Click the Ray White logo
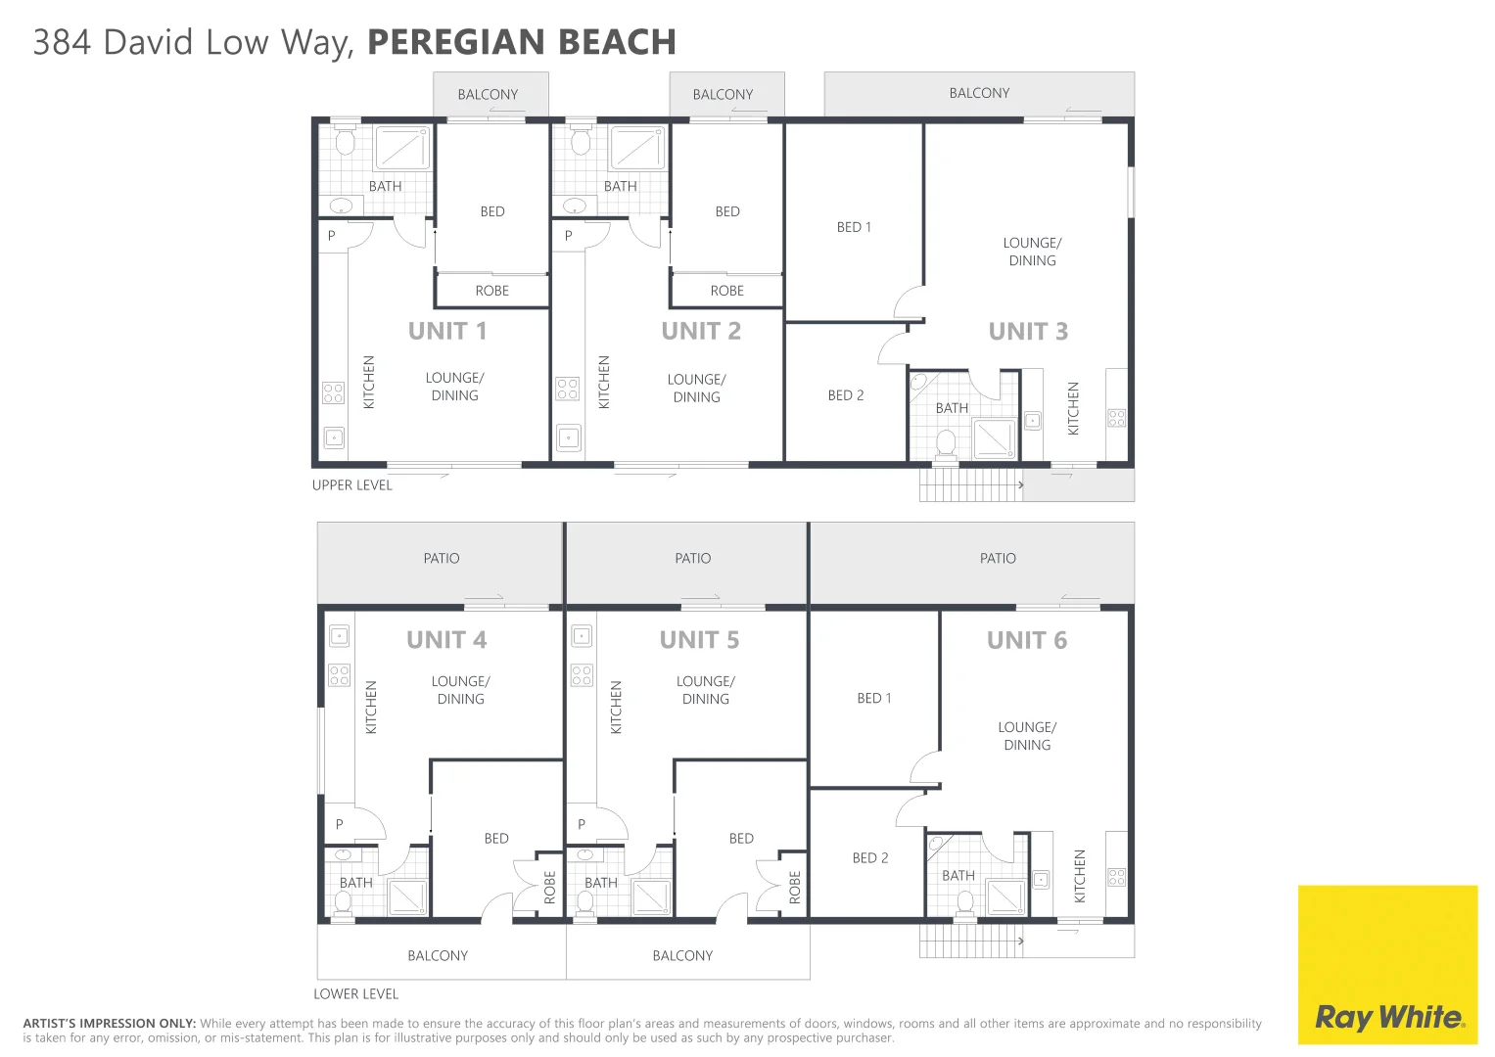click(x=1387, y=1016)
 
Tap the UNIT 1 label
click(x=447, y=331)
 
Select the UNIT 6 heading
click(x=1026, y=640)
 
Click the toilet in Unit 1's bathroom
click(x=345, y=142)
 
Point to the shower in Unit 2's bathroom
click(x=637, y=149)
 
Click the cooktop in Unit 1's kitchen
click(x=333, y=392)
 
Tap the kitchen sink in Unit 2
click(x=568, y=437)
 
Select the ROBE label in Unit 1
click(x=491, y=291)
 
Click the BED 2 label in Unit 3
click(x=846, y=395)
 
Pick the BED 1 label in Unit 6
click(x=873, y=698)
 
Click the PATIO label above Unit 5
click(x=692, y=558)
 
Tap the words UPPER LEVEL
click(x=351, y=485)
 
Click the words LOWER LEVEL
click(x=355, y=993)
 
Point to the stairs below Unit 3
click(x=969, y=484)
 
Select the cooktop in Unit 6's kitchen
click(x=1116, y=877)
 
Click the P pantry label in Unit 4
click(x=340, y=824)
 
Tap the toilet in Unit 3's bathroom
click(x=946, y=443)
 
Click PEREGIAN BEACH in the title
click(x=521, y=42)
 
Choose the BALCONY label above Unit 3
click(x=979, y=93)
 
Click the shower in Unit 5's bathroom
click(x=651, y=896)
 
